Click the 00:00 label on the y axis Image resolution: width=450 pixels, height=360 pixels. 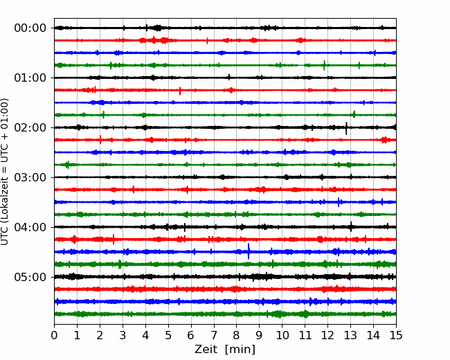(30, 28)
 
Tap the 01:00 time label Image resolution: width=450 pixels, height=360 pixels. (30, 78)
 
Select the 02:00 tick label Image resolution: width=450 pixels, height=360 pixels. (30, 128)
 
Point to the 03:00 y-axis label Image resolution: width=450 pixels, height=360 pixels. (30, 177)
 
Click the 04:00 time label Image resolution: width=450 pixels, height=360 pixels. (30, 227)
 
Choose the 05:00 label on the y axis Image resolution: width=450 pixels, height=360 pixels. (30, 277)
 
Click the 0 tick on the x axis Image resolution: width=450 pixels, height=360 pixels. (54, 335)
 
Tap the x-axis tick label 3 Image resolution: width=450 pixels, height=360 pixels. (123, 335)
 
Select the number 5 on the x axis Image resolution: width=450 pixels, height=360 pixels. (168, 335)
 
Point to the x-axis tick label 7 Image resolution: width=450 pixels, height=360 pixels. (214, 335)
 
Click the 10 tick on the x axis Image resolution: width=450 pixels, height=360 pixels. (282, 335)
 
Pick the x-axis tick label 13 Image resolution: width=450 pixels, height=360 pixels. (350, 335)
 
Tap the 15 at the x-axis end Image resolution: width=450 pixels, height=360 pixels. (396, 335)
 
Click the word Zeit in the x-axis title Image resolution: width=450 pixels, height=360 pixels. (206, 350)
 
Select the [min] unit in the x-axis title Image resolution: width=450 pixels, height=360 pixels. (240, 350)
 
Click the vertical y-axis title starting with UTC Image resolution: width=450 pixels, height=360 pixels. (5, 172)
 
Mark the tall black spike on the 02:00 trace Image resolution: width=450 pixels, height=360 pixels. (346, 128)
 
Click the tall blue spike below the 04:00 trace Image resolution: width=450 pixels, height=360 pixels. (249, 251)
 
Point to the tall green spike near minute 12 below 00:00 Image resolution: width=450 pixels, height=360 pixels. (324, 66)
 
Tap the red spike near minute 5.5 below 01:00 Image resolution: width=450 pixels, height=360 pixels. (180, 91)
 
